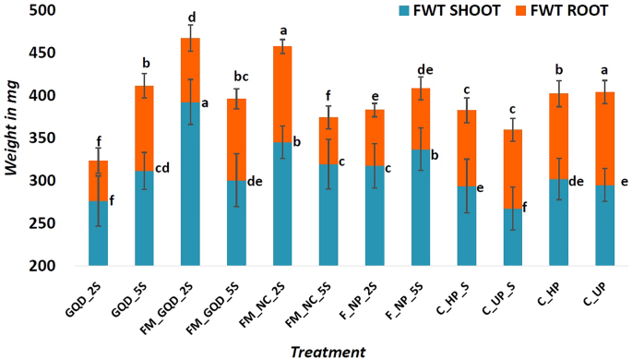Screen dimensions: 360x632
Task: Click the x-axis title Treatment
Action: click(x=328, y=351)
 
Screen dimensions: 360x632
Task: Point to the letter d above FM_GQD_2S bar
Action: click(x=191, y=17)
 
